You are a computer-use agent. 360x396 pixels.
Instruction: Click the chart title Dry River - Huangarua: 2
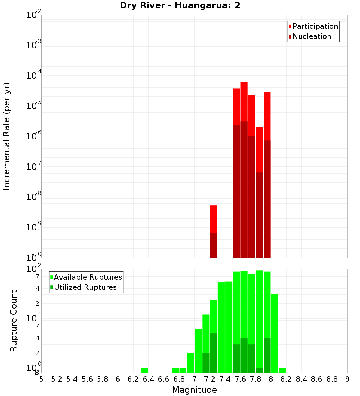[x=180, y=5]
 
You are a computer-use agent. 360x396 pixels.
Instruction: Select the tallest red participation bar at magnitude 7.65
[x=244, y=101]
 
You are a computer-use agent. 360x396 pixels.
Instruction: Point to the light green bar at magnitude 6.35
[x=145, y=370]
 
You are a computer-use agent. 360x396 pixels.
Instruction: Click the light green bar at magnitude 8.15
[x=282, y=370]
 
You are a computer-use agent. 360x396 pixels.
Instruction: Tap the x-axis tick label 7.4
[x=225, y=379]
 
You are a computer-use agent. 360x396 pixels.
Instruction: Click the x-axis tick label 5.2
[x=57, y=379]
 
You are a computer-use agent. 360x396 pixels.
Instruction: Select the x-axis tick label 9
[x=347, y=379]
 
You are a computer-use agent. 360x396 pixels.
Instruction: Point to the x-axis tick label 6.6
[x=164, y=379]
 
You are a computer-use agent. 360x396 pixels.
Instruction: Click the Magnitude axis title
[x=194, y=390]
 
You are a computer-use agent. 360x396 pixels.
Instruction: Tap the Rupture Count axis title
[x=14, y=321]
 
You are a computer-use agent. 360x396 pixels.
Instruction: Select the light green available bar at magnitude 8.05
[x=275, y=333]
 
